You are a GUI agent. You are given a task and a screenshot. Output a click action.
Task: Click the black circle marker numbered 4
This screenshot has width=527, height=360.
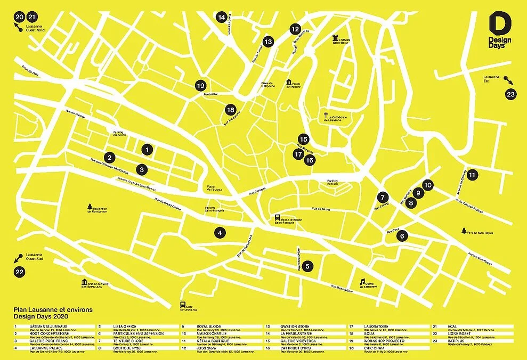tap(219, 232)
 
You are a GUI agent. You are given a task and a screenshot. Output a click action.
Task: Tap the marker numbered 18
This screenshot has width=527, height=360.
tap(230, 109)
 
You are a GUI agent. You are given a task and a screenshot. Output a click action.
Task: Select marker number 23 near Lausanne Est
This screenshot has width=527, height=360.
tap(512, 95)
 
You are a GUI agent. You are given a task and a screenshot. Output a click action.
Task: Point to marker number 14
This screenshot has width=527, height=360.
tap(222, 17)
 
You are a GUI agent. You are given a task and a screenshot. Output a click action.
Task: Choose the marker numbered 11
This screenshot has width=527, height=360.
tap(472, 174)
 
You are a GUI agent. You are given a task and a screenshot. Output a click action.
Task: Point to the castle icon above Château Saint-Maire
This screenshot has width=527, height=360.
tap(336, 37)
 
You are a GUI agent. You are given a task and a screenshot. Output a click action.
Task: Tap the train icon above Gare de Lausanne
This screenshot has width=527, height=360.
tap(183, 305)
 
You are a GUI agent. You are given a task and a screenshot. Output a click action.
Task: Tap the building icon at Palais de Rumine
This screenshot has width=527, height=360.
tap(289, 83)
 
